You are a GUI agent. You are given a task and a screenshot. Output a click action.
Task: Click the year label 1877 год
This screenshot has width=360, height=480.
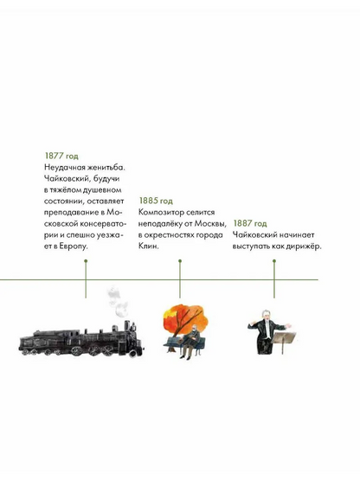click(61, 156)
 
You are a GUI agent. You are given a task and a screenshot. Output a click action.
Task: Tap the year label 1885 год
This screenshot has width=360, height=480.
click(156, 201)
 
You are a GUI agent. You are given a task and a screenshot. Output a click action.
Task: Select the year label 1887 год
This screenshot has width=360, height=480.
click(250, 223)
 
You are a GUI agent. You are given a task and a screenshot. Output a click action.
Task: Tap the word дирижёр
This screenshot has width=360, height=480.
click(304, 246)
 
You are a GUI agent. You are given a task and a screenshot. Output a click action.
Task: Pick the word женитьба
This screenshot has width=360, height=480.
click(106, 168)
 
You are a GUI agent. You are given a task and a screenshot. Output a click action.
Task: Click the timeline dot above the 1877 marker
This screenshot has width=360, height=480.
click(86, 261)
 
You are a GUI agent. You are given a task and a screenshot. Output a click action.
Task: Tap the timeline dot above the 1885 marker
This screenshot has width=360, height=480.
click(180, 261)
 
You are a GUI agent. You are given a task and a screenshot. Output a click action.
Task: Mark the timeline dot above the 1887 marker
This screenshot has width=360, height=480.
click(274, 261)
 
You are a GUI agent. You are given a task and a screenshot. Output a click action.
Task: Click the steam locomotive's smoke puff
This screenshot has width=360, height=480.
click(118, 302)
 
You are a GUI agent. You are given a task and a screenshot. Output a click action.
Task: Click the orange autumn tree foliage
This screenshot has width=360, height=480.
click(185, 317)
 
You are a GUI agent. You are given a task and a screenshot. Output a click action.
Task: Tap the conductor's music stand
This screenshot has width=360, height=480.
click(284, 340)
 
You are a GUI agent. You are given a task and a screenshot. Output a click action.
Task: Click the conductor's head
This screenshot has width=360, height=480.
click(266, 316)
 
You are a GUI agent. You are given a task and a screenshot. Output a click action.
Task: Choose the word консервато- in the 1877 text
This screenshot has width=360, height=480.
click(103, 224)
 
